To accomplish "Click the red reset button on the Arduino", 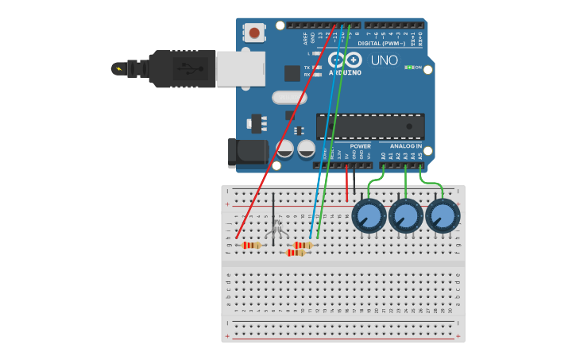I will pos(254,33).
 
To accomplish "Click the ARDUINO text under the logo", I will pos(345,72).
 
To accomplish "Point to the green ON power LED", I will pos(409,68).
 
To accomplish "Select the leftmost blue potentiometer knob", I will pos(369,215).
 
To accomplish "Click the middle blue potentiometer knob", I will pos(406,215).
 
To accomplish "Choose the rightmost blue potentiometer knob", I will pos(443,215).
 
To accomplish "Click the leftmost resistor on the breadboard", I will pos(251,245).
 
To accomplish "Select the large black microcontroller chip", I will pos(370,126).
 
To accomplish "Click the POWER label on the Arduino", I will pos(360,146).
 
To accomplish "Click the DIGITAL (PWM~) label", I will pos(381,44).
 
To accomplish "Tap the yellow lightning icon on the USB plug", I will pos(119,68).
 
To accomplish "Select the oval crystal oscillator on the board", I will pos(288,98).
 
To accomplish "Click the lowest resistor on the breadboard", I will pos(296,253).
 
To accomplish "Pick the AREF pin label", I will pos(305,37).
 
